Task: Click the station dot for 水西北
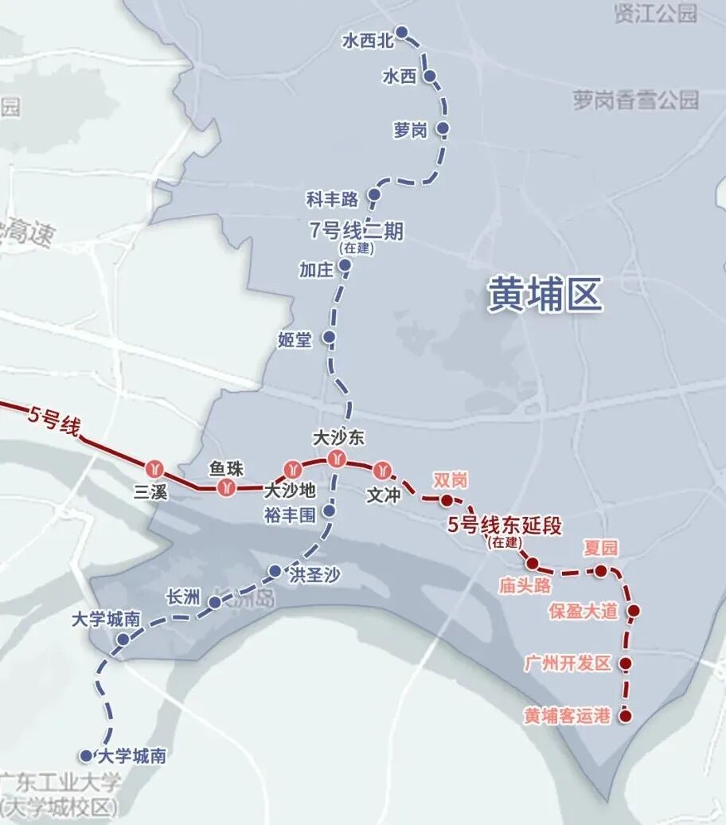point(402,33)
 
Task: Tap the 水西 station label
point(400,77)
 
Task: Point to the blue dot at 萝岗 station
point(443,128)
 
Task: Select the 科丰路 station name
point(333,198)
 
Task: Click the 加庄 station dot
point(345,266)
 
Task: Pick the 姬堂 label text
point(295,340)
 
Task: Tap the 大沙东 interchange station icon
point(336,459)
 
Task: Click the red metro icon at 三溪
point(154,467)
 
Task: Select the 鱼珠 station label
point(225,468)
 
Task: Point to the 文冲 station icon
point(385,469)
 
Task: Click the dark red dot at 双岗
point(447,500)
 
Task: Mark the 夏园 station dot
point(601,570)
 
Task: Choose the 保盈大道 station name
point(584,612)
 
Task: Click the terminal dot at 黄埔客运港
point(626,716)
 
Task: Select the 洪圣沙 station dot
point(275,571)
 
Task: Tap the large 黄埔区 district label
point(545,295)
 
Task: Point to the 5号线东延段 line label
point(505,526)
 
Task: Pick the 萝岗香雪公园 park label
point(635,100)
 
